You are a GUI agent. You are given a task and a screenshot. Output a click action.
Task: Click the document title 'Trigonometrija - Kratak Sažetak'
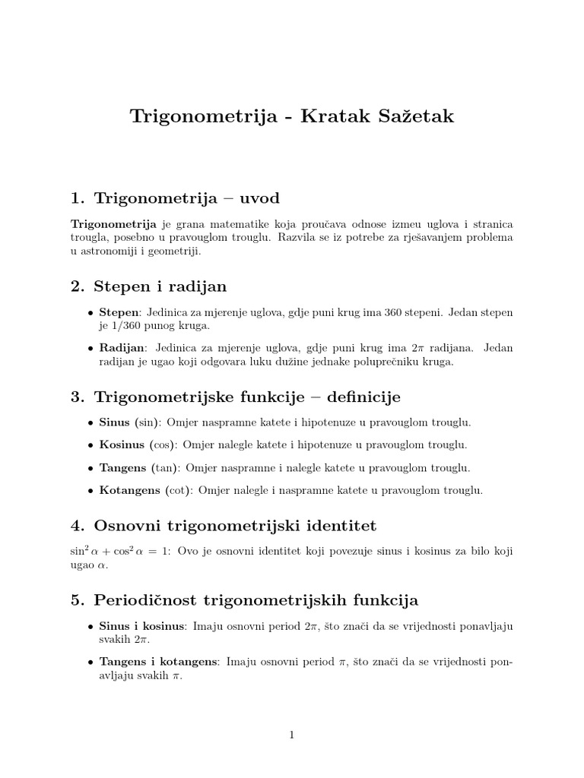point(292,116)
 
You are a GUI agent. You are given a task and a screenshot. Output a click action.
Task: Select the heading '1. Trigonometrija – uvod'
point(175,199)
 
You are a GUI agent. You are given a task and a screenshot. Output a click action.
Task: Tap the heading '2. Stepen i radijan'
point(148,286)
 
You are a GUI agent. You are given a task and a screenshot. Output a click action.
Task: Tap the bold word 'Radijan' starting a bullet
point(122,348)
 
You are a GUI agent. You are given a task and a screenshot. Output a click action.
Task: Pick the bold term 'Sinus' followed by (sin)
point(115,422)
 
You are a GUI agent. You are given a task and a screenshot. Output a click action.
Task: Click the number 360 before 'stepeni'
point(395,312)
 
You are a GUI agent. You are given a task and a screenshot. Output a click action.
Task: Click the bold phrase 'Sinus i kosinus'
point(143,626)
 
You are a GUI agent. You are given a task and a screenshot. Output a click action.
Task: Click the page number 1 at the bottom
point(291,735)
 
